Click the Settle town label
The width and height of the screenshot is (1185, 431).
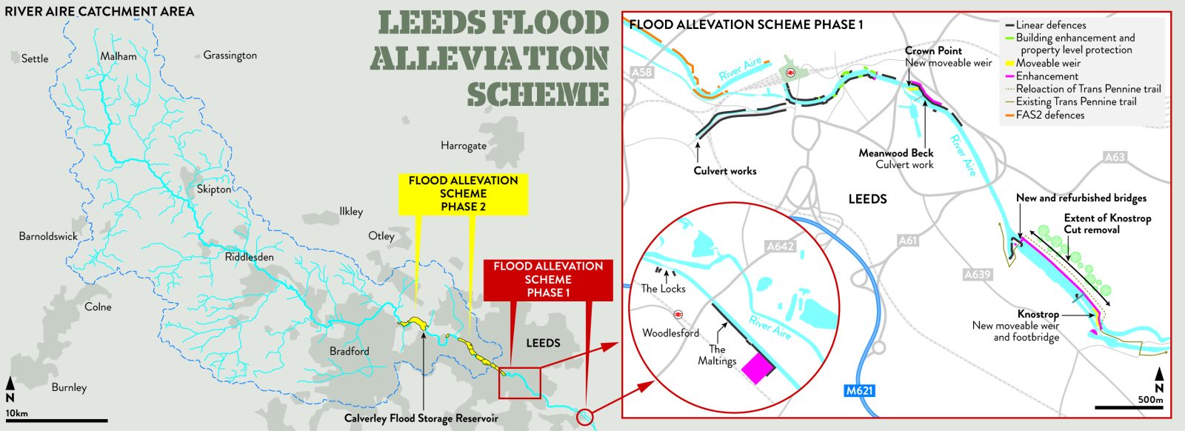35,59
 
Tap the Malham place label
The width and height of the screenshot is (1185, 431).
118,56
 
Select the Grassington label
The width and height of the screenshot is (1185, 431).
230,56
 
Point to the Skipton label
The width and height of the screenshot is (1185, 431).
213,189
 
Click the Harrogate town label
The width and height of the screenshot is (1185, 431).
464,145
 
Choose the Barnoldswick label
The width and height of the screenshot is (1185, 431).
48,236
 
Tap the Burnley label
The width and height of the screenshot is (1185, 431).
69,387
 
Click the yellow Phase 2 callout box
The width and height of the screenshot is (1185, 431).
463,193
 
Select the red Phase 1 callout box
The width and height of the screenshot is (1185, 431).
548,279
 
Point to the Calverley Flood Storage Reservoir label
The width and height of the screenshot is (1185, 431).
421,418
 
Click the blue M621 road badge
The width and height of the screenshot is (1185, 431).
859,390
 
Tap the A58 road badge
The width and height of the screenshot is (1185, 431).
642,73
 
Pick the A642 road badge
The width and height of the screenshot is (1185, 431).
780,247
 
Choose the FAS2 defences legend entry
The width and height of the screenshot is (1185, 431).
1049,115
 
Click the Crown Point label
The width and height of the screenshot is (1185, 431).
933,51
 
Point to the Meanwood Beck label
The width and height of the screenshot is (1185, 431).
895,153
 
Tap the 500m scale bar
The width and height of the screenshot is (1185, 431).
1129,407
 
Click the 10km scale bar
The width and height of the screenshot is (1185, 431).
56,421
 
